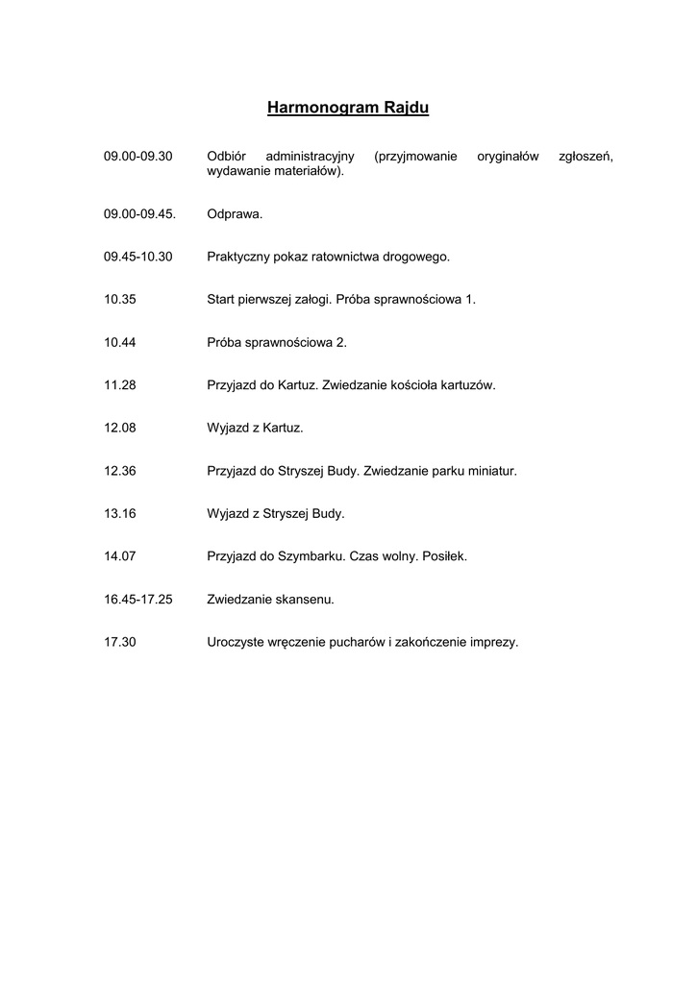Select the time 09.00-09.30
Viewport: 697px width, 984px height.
138,156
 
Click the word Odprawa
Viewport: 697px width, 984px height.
235,214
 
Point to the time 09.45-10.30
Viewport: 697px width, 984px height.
138,257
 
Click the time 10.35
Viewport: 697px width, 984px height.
120,299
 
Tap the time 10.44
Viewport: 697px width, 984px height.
120,342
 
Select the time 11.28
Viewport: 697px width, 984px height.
120,385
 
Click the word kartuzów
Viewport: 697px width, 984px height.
465,385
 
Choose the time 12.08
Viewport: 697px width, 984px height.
120,428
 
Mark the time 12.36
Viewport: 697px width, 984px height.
120,471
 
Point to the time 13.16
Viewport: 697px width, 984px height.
120,513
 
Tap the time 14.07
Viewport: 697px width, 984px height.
120,556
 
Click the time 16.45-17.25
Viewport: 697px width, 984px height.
138,600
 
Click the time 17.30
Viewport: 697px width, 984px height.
120,642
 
